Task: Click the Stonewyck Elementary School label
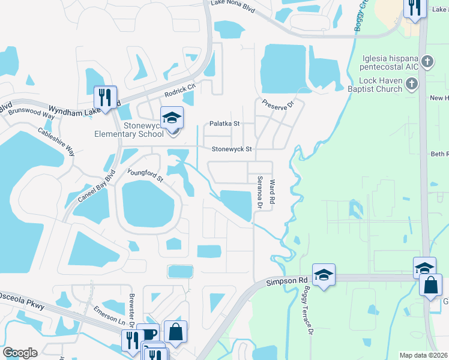click(128, 130)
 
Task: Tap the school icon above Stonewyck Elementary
click(172, 118)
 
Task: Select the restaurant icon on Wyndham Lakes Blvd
click(106, 97)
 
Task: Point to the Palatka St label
click(224, 124)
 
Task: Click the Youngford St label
click(145, 175)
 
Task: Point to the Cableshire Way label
click(56, 142)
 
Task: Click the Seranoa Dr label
click(261, 193)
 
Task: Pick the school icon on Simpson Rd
click(324, 275)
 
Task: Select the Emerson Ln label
click(106, 317)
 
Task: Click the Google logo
click(20, 353)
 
